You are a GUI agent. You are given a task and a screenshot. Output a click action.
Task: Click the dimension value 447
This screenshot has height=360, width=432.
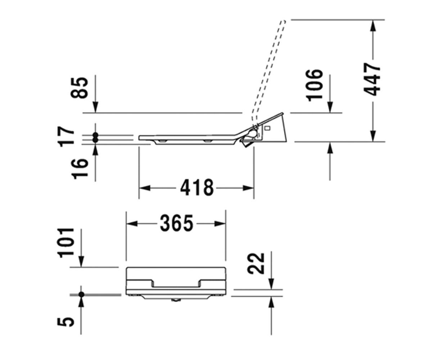click(x=372, y=79)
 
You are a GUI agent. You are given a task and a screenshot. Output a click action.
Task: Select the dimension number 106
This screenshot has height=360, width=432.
click(x=314, y=85)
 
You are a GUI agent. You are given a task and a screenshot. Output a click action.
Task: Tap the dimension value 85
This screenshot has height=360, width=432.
click(x=79, y=87)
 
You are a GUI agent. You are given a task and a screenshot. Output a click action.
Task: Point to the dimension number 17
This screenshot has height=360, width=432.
click(x=66, y=136)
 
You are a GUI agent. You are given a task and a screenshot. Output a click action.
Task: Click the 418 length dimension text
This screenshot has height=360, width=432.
click(x=197, y=188)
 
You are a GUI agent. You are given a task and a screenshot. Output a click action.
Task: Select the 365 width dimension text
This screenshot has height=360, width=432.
click(x=177, y=223)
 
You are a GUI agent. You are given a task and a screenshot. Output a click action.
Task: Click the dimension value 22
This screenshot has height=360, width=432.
click(x=256, y=264)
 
